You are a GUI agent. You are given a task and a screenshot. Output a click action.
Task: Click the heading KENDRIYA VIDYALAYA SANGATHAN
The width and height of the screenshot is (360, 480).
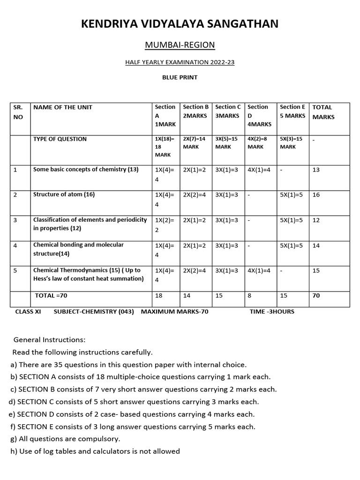(x=180, y=24)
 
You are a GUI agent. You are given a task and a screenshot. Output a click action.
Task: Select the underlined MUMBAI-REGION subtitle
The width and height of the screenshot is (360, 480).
(x=180, y=45)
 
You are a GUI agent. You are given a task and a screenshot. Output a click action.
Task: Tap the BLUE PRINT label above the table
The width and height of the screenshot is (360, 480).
(x=180, y=77)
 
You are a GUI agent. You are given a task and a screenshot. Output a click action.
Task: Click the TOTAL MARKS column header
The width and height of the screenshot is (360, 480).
(x=323, y=112)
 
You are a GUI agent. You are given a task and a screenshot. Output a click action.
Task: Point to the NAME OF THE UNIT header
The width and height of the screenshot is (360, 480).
(x=63, y=107)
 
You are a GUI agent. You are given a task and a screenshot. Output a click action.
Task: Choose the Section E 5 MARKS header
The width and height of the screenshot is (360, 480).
(x=292, y=111)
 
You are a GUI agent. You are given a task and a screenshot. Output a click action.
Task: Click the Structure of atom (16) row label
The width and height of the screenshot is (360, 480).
(x=64, y=195)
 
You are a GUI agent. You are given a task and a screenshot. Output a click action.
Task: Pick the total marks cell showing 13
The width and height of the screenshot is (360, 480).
(x=316, y=170)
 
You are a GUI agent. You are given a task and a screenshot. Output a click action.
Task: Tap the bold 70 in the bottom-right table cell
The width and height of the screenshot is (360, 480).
(x=316, y=296)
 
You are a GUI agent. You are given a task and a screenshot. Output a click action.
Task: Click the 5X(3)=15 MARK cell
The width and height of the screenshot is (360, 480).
(x=291, y=142)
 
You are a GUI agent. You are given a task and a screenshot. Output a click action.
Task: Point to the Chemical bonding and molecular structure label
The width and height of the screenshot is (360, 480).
(x=78, y=249)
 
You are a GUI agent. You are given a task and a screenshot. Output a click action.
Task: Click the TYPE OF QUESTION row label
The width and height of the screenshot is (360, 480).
(x=60, y=139)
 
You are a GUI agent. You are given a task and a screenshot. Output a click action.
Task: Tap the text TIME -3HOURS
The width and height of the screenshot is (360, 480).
(x=272, y=311)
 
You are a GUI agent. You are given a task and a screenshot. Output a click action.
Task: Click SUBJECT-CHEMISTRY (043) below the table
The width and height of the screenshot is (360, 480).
(x=94, y=311)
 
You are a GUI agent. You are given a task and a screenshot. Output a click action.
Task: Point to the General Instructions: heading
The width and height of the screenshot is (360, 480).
(x=50, y=339)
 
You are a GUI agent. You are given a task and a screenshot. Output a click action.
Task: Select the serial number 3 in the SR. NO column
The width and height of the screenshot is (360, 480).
(x=15, y=220)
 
